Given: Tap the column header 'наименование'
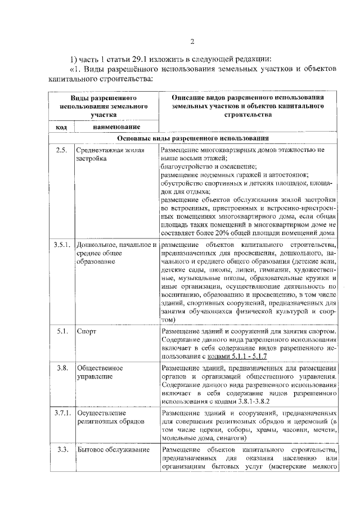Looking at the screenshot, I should pyautogui.click(x=116, y=127).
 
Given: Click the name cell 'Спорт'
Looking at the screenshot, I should pyautogui.click(x=87, y=331).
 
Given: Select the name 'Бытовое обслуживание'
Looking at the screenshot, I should pyautogui.click(x=111, y=449).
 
